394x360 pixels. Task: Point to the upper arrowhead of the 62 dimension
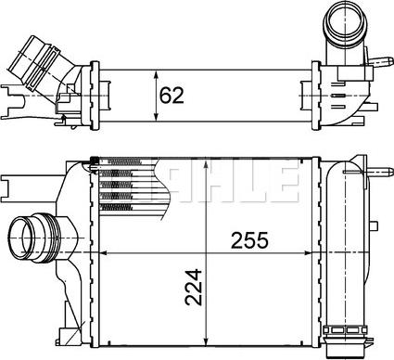click(155, 68)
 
